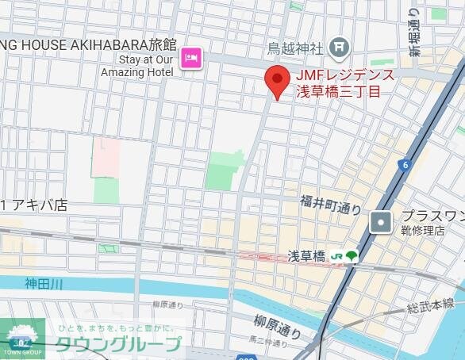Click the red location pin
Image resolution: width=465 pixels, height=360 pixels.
coord(276,81)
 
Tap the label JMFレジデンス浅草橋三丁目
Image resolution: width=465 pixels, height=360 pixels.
coord(344,83)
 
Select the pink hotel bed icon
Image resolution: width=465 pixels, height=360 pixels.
coord(191,57)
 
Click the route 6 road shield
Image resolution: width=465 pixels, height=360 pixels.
coord(405,165)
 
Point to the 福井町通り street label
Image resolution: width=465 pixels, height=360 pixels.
coord(331,205)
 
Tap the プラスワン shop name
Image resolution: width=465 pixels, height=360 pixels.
coord(432,216)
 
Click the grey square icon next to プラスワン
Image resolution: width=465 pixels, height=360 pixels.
coord(382,223)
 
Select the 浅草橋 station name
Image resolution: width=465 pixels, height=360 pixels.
coord(306,255)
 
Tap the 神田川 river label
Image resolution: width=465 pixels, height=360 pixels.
coord(42,283)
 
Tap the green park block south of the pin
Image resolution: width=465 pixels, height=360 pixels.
coord(225,170)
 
